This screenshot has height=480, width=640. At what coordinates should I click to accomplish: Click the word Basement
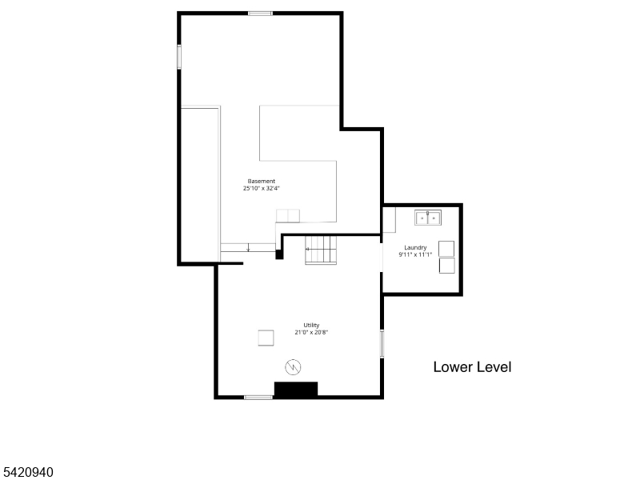tap(262, 181)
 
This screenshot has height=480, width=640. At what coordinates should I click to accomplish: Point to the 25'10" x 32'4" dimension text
tap(262, 189)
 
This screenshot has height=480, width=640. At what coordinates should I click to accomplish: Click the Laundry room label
tap(415, 247)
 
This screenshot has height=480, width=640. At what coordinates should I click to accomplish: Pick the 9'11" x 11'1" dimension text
tap(415, 254)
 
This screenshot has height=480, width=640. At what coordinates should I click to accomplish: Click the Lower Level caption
tap(472, 367)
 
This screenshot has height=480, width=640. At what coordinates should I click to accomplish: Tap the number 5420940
tap(28, 473)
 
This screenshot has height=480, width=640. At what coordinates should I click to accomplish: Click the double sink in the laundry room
tap(428, 217)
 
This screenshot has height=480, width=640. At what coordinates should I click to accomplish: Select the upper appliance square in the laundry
tap(446, 248)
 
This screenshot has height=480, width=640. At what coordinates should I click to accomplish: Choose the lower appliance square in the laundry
tap(446, 265)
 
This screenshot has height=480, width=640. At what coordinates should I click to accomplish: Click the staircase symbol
tap(321, 250)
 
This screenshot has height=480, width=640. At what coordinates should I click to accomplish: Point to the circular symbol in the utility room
tap(294, 367)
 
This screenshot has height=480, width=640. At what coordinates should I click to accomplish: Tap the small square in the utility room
tap(266, 338)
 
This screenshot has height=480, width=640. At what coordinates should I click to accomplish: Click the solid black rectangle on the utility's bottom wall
tap(296, 390)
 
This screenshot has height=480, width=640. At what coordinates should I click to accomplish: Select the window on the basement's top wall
tap(260, 13)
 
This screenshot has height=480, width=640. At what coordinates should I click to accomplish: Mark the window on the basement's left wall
tap(179, 57)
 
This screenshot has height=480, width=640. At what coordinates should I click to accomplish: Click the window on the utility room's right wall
tap(382, 343)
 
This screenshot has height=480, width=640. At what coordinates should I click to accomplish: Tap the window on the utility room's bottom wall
tap(258, 397)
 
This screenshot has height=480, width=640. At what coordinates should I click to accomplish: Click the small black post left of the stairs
tap(279, 254)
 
